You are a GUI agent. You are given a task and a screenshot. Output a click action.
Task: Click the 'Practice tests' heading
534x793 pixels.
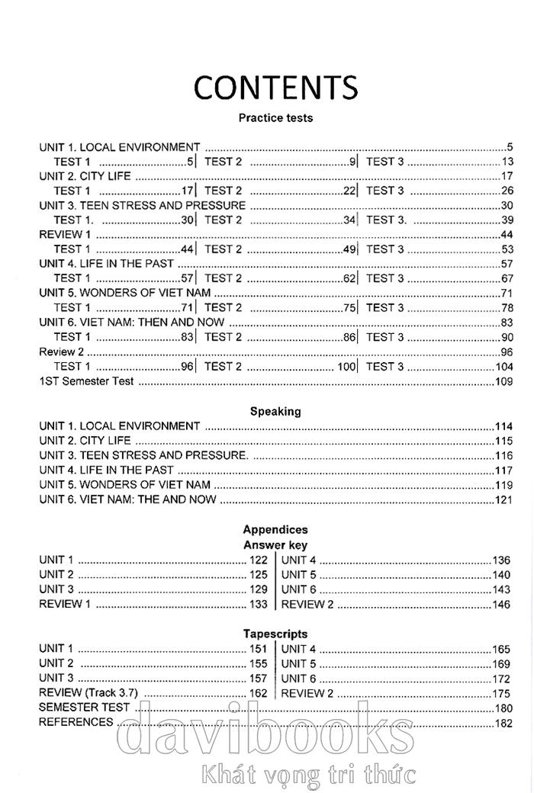(275, 118)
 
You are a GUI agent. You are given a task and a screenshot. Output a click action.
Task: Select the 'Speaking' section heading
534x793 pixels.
(275, 411)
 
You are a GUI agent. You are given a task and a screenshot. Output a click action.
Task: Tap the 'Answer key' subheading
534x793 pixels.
(275, 544)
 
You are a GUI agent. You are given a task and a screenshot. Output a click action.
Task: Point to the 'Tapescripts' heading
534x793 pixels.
(275, 634)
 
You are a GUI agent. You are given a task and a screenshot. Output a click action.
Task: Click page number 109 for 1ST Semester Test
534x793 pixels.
(504, 381)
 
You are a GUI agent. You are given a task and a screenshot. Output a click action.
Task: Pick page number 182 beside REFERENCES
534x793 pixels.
(504, 723)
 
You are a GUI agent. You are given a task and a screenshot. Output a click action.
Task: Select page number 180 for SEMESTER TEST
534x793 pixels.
(504, 708)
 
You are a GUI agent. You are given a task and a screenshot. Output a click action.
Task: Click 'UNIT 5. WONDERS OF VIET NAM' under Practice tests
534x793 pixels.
(124, 293)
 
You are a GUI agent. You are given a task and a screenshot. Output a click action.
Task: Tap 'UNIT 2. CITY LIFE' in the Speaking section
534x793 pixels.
(85, 441)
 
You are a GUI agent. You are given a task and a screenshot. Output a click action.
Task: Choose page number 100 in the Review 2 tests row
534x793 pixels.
(346, 367)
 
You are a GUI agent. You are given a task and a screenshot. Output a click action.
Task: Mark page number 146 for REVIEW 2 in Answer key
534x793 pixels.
(501, 604)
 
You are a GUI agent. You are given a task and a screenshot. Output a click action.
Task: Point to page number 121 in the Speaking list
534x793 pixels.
(504, 499)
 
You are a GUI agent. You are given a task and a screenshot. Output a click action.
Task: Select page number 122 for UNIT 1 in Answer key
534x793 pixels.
(259, 560)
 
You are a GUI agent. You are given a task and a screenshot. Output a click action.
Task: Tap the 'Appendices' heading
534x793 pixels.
(275, 529)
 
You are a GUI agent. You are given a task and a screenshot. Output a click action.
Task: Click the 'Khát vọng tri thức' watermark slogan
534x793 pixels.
(305, 775)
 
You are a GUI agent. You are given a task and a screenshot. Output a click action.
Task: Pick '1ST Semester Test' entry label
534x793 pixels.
(86, 381)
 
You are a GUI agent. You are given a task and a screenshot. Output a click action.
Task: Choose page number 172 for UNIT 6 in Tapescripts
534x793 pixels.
(501, 679)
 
